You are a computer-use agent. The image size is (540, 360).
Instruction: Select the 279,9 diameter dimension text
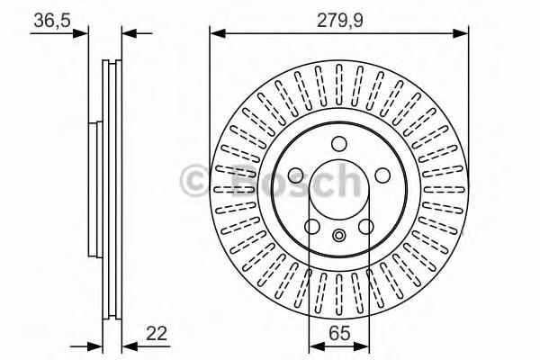(x=338, y=19)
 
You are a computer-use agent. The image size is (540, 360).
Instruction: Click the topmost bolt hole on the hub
(x=338, y=143)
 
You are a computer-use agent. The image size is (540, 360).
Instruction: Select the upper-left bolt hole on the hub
(x=298, y=173)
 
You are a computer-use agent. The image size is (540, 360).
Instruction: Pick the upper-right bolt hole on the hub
(x=380, y=173)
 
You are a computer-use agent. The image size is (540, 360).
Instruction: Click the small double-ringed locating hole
(x=338, y=236)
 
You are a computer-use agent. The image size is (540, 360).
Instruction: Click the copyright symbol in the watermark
(x=194, y=181)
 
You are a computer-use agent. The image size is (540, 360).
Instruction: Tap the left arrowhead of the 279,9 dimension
(x=217, y=34)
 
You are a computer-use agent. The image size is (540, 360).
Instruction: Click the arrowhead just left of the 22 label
(x=127, y=345)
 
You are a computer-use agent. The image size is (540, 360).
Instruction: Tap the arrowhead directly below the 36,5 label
(x=84, y=34)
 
